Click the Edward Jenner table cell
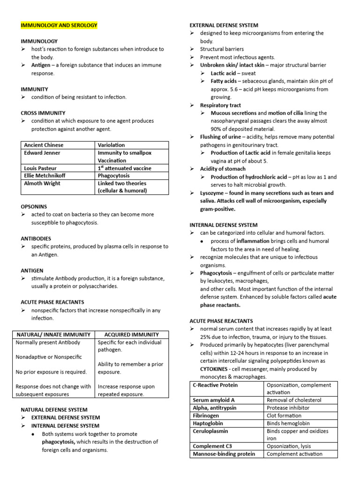[42, 153]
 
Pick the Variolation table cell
[111, 145]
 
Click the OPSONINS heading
[34, 206]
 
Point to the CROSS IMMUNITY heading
[43, 113]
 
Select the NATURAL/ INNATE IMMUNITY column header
[53, 335]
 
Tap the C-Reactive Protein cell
[215, 385]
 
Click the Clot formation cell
[284, 415]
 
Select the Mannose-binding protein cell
[224, 454]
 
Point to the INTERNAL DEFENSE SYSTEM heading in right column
[223, 225]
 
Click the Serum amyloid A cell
[214, 400]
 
